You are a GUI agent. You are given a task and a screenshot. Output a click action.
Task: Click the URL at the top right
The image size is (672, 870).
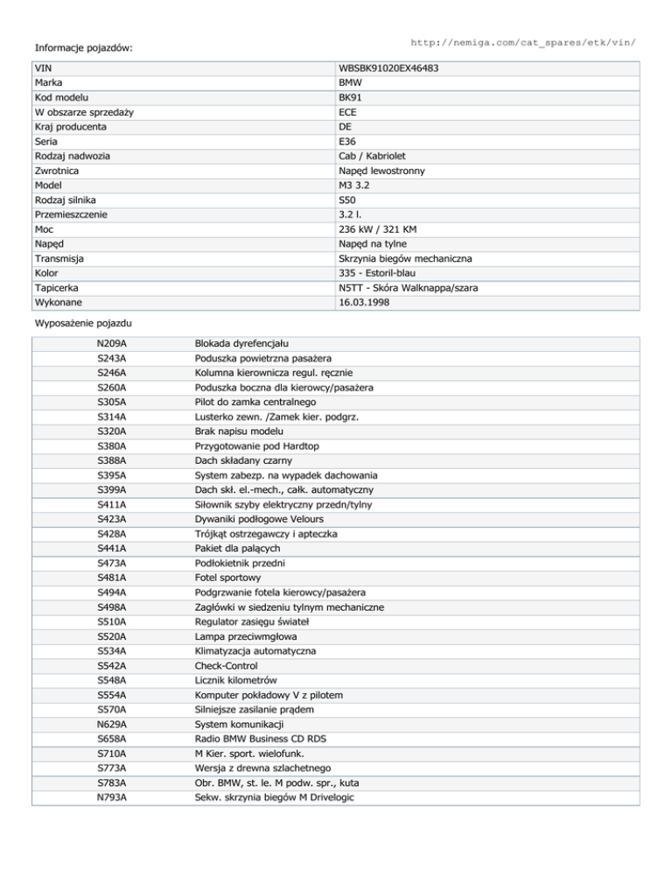click(522, 41)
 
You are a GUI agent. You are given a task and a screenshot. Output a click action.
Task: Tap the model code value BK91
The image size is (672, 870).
click(351, 97)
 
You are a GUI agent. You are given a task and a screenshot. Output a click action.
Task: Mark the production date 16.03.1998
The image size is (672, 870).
click(365, 303)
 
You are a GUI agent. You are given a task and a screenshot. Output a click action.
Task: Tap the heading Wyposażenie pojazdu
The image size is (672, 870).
click(83, 323)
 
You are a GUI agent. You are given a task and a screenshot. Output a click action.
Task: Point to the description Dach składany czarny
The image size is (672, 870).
click(249, 460)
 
